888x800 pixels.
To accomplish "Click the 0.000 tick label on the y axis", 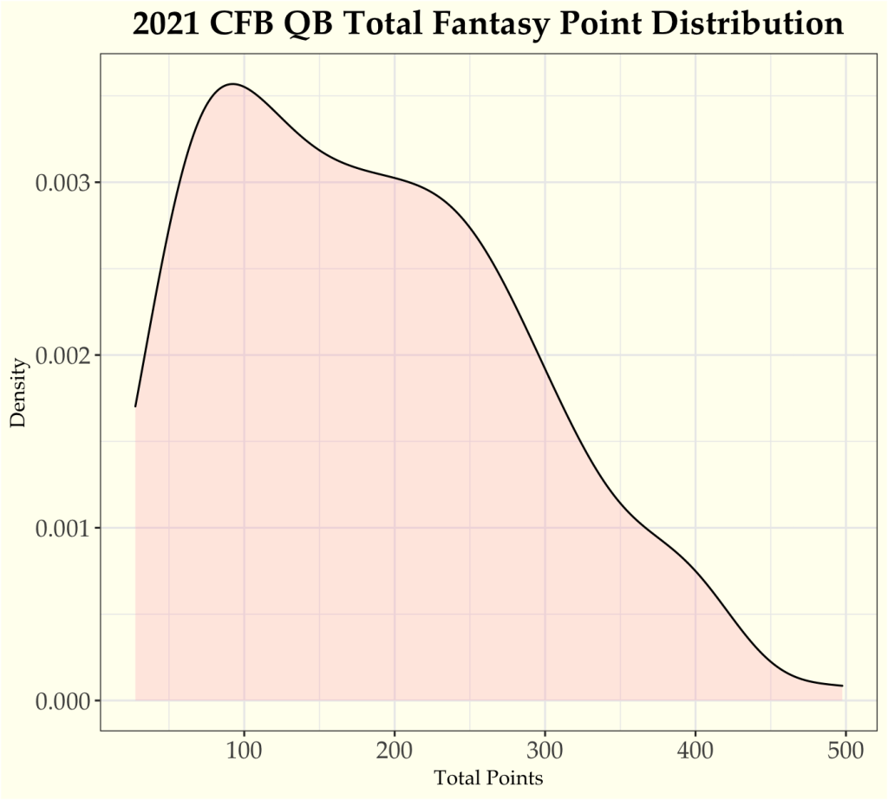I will (x=62, y=700).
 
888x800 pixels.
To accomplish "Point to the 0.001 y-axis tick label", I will (x=62, y=528).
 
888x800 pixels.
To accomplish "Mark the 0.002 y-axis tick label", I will (x=62, y=355).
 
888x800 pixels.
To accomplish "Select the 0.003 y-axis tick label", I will (x=62, y=183).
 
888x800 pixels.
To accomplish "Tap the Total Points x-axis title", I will (x=488, y=778).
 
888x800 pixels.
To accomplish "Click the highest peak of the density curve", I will (x=232, y=84).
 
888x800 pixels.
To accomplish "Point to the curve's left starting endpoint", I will (x=136, y=406).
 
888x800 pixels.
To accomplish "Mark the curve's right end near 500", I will (x=842, y=686).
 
